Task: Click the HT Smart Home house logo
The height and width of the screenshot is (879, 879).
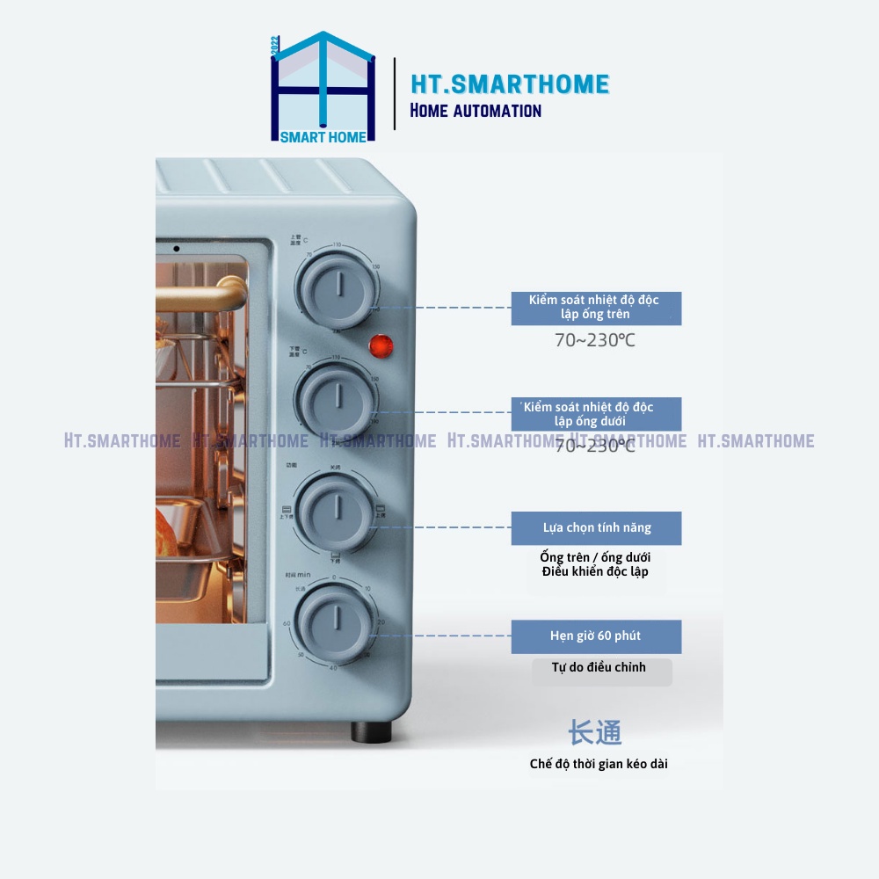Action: click(323, 88)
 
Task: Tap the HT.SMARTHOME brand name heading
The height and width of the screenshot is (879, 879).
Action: click(510, 84)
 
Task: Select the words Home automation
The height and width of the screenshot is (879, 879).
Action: click(476, 111)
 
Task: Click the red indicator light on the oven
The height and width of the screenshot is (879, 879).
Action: click(381, 345)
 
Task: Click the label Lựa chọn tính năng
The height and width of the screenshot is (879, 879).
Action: click(596, 528)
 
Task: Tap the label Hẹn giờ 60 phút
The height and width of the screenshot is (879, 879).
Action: click(596, 636)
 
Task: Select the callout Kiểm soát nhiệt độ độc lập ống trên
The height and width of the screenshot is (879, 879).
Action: click(596, 308)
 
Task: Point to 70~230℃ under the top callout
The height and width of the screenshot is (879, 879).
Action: click(594, 341)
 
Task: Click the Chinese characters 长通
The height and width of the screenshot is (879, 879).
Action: click(595, 732)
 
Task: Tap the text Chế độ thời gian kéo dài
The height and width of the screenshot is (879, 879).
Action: click(599, 764)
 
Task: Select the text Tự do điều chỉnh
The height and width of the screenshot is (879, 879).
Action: click(599, 667)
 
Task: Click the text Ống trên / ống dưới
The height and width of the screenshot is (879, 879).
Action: click(595, 557)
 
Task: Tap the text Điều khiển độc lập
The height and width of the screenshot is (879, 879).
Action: click(595, 572)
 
